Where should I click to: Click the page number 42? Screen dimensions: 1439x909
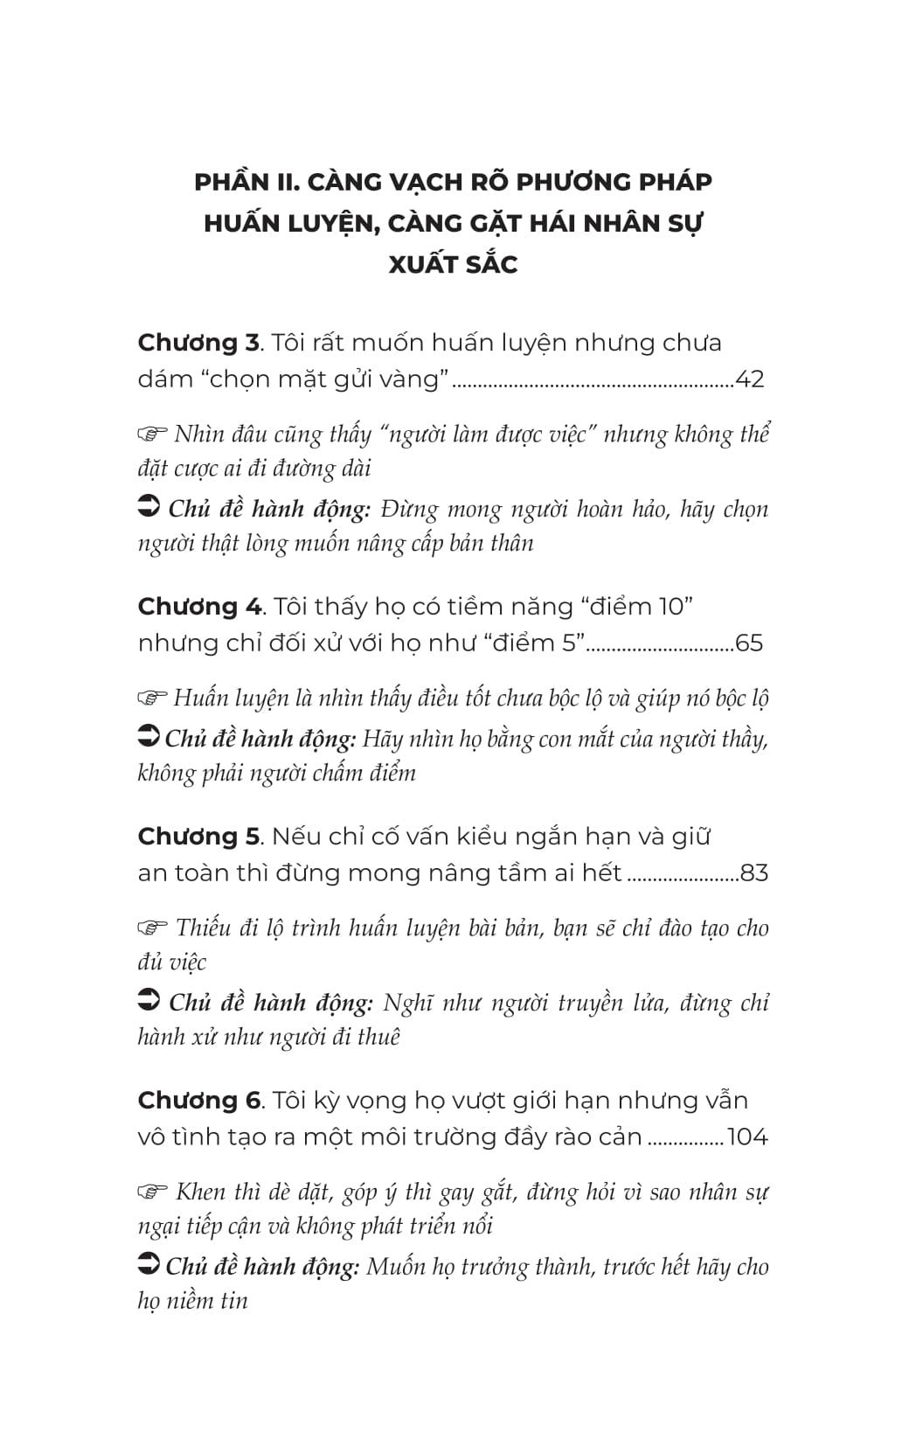[x=751, y=379]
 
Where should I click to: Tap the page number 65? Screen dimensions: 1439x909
[x=750, y=643]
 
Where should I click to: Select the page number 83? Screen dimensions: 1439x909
[x=753, y=873]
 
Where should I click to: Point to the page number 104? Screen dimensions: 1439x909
[x=747, y=1137]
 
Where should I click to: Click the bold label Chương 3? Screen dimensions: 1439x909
[x=198, y=343]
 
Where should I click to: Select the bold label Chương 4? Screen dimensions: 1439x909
[x=199, y=607]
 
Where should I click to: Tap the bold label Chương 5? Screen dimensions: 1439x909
[x=199, y=837]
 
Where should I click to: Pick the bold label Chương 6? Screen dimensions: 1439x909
[x=199, y=1101]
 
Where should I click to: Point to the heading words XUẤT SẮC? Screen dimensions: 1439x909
[x=454, y=264]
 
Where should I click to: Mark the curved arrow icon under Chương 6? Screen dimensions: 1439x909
[x=149, y=1265]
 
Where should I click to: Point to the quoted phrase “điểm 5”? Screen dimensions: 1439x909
[x=533, y=643]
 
